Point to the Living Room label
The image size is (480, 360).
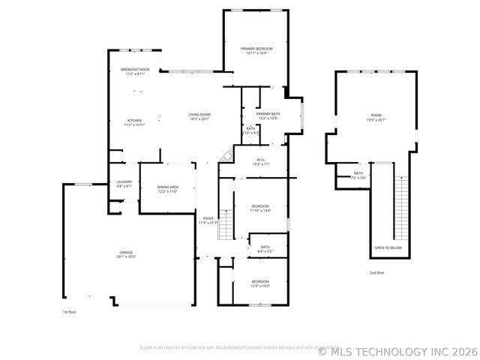(x=199, y=116)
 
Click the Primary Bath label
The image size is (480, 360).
(x=268, y=115)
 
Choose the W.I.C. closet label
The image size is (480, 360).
(x=262, y=161)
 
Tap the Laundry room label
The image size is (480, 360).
(x=124, y=183)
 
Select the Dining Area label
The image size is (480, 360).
(x=167, y=189)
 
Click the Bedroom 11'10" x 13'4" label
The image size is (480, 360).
(x=260, y=208)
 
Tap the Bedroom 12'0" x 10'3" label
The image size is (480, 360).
(x=260, y=283)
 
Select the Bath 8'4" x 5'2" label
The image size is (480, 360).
(x=265, y=249)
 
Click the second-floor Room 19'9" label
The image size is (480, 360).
(x=376, y=117)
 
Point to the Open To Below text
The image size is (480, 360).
(x=388, y=247)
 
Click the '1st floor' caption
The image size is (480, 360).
(x=70, y=311)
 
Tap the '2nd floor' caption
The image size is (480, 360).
(x=376, y=273)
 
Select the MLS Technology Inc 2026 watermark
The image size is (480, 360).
(x=397, y=351)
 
